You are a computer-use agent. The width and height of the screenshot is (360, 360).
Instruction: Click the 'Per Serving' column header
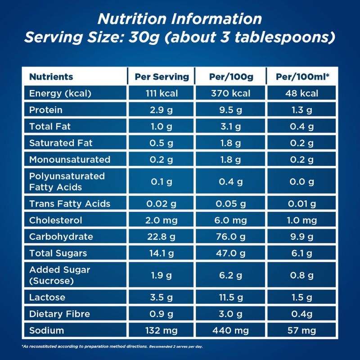tap(162, 76)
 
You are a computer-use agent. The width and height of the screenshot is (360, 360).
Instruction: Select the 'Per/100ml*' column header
tap(303, 76)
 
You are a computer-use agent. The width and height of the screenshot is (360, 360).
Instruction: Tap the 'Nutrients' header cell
tap(51, 76)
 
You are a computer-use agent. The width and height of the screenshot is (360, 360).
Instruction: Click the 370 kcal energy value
tap(231, 94)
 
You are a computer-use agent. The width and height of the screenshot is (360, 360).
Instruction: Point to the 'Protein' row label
tap(45, 110)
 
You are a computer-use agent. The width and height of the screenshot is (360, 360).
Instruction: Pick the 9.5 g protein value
tap(231, 110)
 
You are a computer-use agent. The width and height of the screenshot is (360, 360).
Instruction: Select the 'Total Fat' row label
tap(50, 126)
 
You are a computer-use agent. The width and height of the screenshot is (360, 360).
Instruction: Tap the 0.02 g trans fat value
tap(162, 204)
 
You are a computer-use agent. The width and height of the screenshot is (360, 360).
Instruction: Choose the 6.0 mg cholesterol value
tap(231, 220)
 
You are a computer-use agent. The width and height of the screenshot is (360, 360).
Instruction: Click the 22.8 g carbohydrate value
tap(162, 237)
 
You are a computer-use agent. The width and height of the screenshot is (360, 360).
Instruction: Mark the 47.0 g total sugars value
tap(231, 253)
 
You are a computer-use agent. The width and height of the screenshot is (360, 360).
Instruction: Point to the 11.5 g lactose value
tap(231, 297)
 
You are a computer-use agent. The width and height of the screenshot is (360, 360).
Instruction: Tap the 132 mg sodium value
tap(162, 331)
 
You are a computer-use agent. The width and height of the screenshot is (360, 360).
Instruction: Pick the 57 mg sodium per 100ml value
tap(303, 331)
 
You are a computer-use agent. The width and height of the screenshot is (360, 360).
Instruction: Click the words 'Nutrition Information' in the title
tap(180, 19)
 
